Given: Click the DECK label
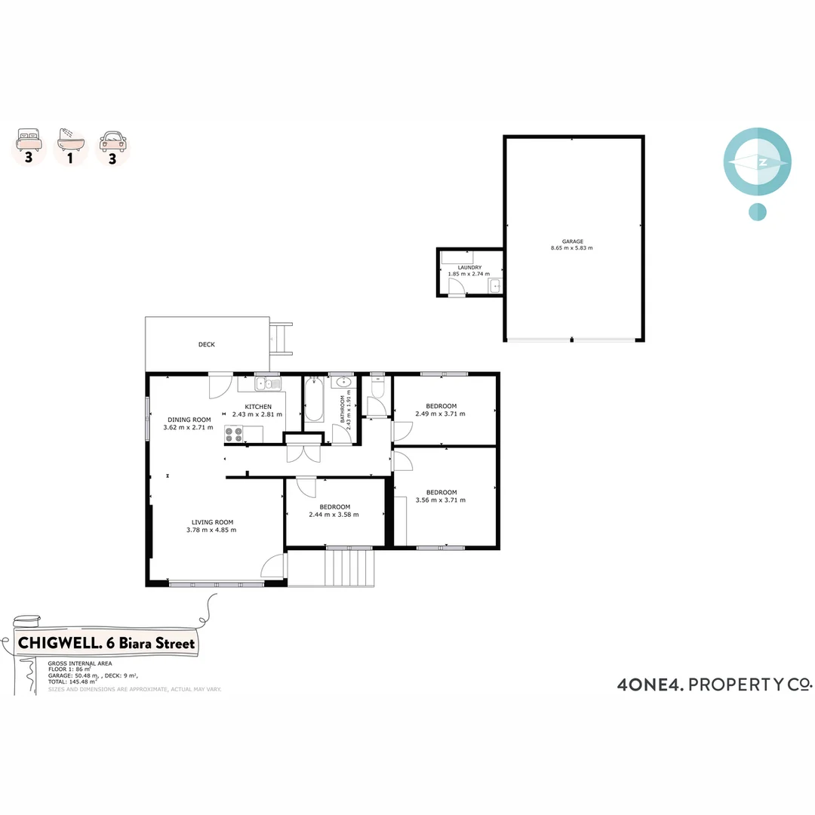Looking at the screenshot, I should (x=207, y=345).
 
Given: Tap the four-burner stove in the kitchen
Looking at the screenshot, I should (x=234, y=434).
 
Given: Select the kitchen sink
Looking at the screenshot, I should (x=268, y=384).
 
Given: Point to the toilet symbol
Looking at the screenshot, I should (x=378, y=388).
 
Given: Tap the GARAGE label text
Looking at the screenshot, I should (x=572, y=241).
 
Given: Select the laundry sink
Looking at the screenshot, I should (x=494, y=284).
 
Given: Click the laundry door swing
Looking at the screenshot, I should (x=456, y=288).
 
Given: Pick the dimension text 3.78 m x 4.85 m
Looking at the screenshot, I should (x=211, y=530).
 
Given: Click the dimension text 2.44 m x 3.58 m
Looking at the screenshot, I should (x=334, y=515).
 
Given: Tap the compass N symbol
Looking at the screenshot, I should (x=763, y=162).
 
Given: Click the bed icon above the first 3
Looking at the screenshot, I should (x=28, y=140).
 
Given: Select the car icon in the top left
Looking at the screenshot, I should (x=113, y=140).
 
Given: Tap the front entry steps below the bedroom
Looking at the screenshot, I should (x=349, y=567).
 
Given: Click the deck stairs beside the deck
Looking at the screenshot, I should (x=281, y=339).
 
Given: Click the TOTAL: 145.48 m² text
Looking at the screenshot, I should (x=72, y=681).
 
